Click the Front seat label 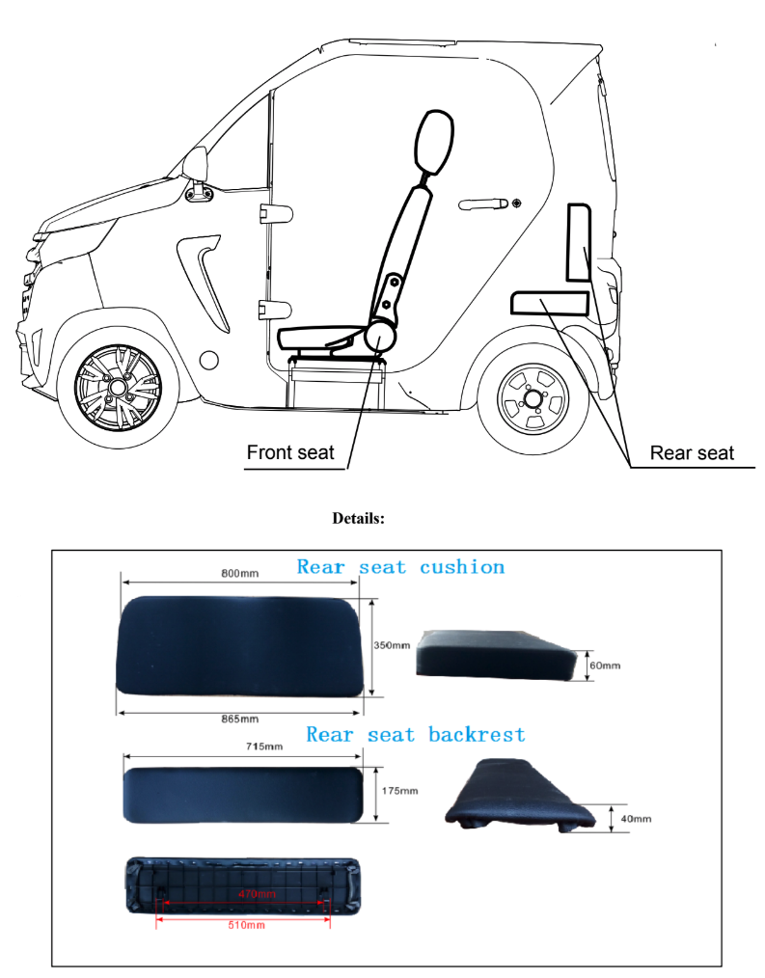point(290,452)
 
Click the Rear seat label point(692,453)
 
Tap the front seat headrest point(434,143)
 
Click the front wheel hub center point(118,388)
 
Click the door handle point(484,204)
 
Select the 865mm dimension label point(240,720)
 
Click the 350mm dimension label point(392,645)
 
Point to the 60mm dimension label point(606,666)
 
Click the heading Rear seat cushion point(400,567)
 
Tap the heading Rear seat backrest point(416,735)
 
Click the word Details point(358,518)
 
